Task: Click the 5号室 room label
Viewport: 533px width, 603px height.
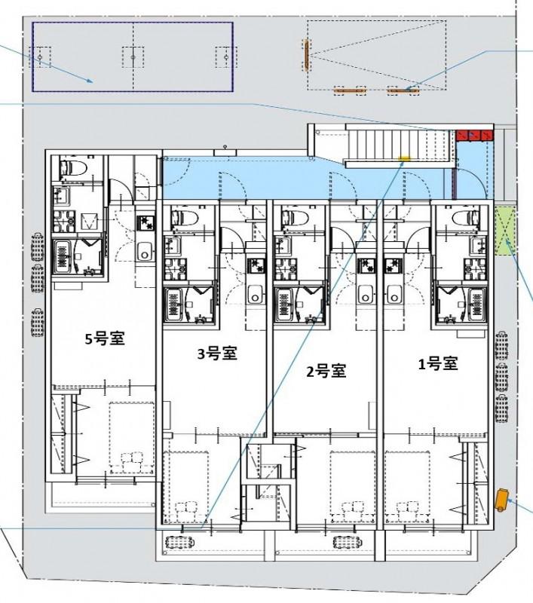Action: (x=105, y=338)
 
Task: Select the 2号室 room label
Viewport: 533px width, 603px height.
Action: (x=326, y=370)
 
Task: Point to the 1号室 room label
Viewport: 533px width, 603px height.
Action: (x=438, y=364)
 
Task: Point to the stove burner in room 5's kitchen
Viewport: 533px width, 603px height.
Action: (x=145, y=222)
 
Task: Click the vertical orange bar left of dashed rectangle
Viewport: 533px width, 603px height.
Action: (x=307, y=56)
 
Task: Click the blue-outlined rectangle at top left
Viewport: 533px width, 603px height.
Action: (x=133, y=57)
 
